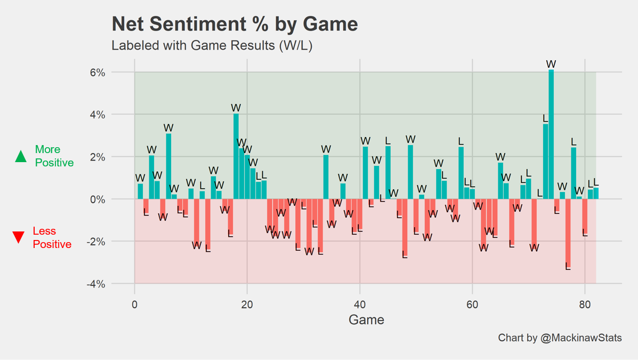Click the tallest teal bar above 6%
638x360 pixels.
pyautogui.click(x=551, y=133)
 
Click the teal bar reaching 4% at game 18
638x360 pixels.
pyautogui.click(x=236, y=156)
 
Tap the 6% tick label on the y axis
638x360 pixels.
pyautogui.click(x=96, y=73)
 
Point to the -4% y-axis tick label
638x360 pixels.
pyautogui.click(x=95, y=284)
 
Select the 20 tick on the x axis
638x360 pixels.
pyautogui.click(x=247, y=305)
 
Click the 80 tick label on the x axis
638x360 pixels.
pyautogui.click(x=585, y=305)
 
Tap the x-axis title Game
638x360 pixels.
pyautogui.click(x=366, y=320)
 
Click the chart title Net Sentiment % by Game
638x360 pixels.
pyautogui.click(x=235, y=24)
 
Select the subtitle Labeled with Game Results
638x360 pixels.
pyautogui.click(x=212, y=45)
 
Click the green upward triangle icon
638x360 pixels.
pyautogui.click(x=21, y=156)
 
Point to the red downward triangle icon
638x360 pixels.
pyautogui.click(x=19, y=237)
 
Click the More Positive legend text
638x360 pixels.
pyautogui.click(x=54, y=156)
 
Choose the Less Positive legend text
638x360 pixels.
pyautogui.click(x=52, y=237)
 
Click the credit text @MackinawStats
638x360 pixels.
pyautogui.click(x=560, y=338)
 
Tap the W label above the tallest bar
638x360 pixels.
pyautogui.click(x=551, y=64)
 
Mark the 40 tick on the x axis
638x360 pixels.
pyautogui.click(x=360, y=305)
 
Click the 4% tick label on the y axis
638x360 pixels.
pyautogui.click(x=96, y=115)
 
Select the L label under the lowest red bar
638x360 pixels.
pyautogui.click(x=568, y=267)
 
